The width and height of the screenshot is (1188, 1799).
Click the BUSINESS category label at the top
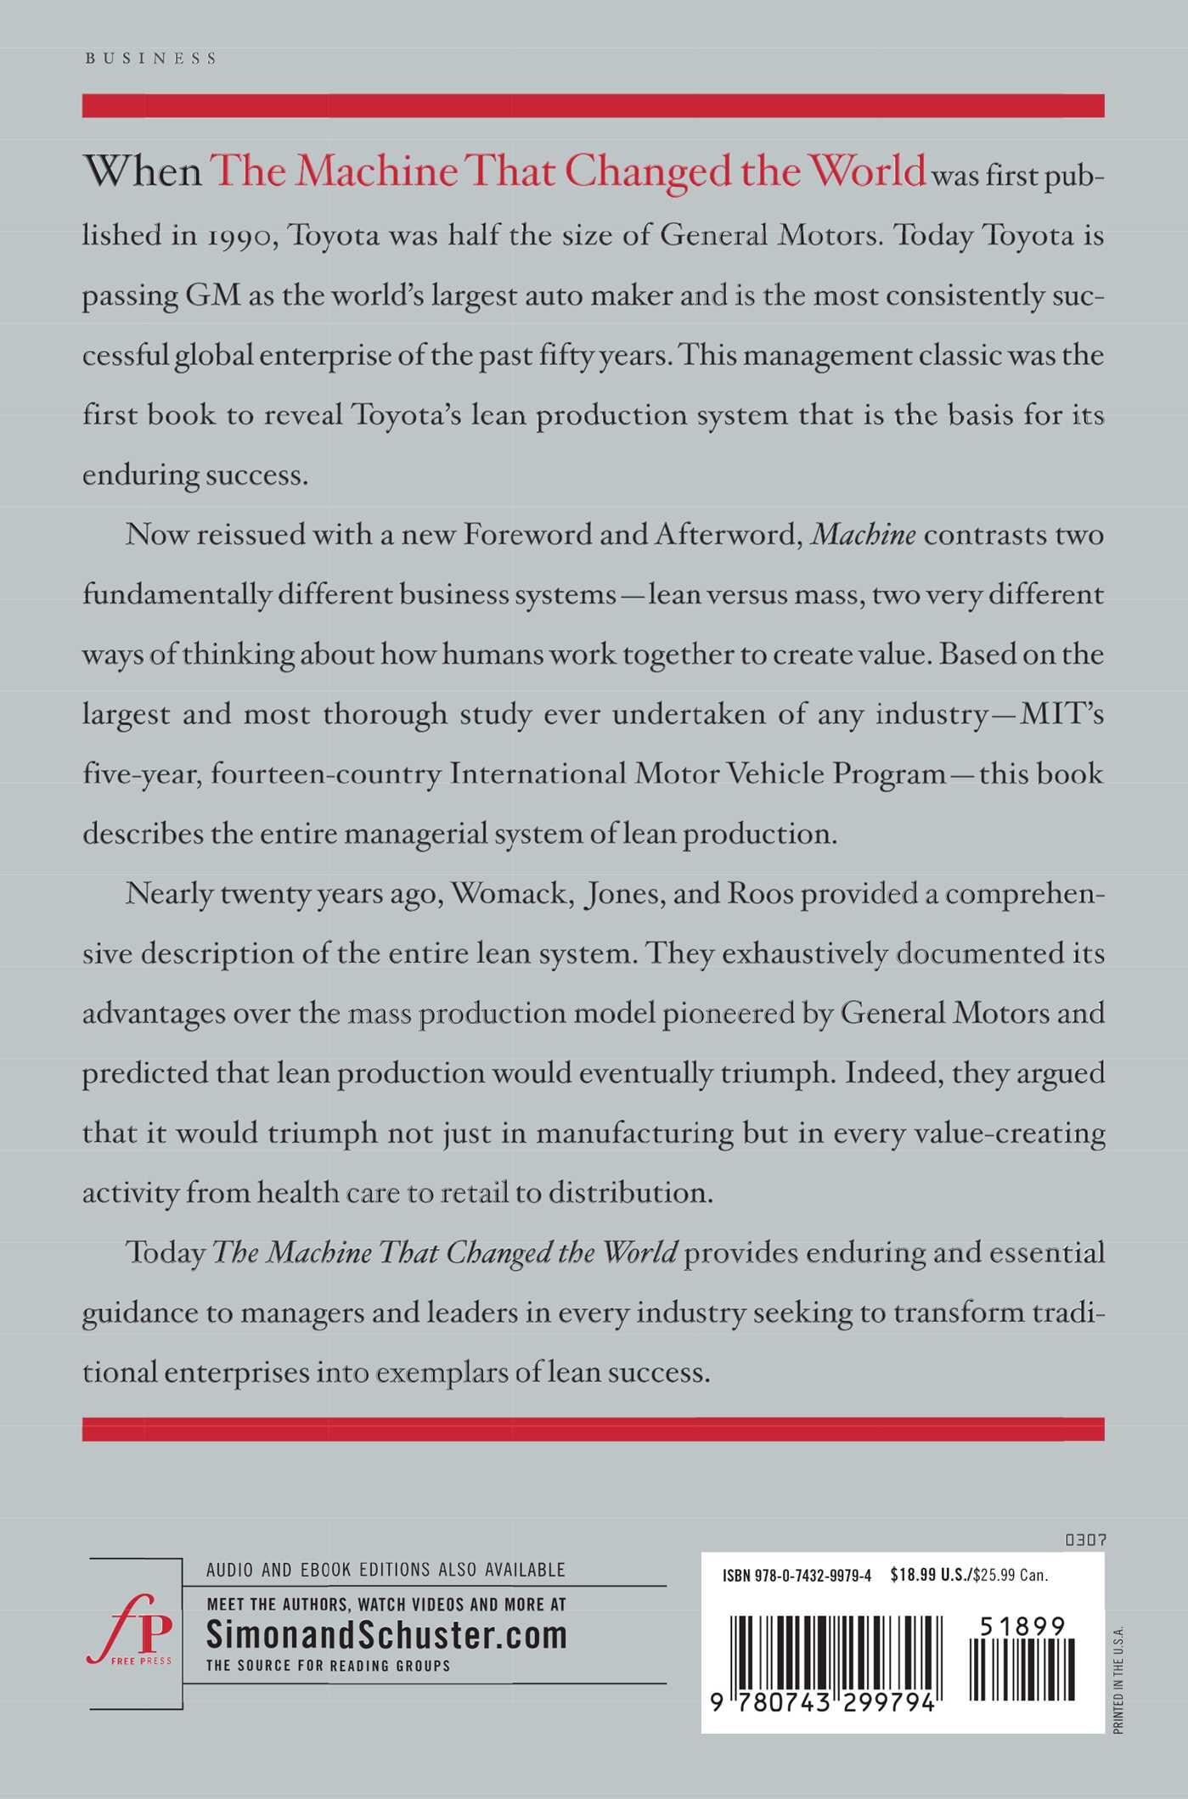click(x=151, y=59)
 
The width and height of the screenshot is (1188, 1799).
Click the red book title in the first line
click(x=567, y=171)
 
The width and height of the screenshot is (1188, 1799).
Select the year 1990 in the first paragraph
click(x=241, y=235)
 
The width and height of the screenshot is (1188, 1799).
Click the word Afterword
click(x=725, y=534)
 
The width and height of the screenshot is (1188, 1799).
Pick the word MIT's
click(x=1061, y=713)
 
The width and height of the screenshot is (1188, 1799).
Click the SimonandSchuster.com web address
click(x=386, y=1634)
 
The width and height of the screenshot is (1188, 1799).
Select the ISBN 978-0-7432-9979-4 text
click(x=797, y=1576)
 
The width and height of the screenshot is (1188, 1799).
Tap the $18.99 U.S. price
click(x=929, y=1576)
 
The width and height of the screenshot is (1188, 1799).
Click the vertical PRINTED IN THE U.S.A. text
click(x=1118, y=1679)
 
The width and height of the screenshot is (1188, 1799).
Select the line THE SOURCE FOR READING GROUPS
click(x=328, y=1666)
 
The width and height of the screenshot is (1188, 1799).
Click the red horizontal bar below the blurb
click(x=593, y=1429)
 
